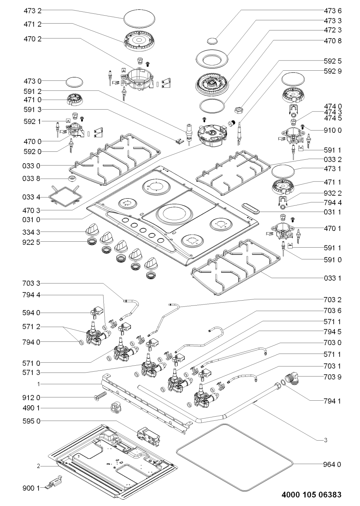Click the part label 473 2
coord(32,11)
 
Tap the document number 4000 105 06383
coord(312,494)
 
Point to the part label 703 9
coord(332,377)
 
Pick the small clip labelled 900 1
coord(53,482)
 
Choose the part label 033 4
coord(31,197)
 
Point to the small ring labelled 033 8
coord(72,179)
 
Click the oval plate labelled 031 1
coord(251,208)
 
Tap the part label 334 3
coord(31,232)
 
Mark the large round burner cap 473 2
coord(139,19)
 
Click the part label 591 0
coord(332,260)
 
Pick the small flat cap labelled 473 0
coord(74,82)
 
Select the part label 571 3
coord(31,372)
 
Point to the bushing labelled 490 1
coord(116,408)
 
